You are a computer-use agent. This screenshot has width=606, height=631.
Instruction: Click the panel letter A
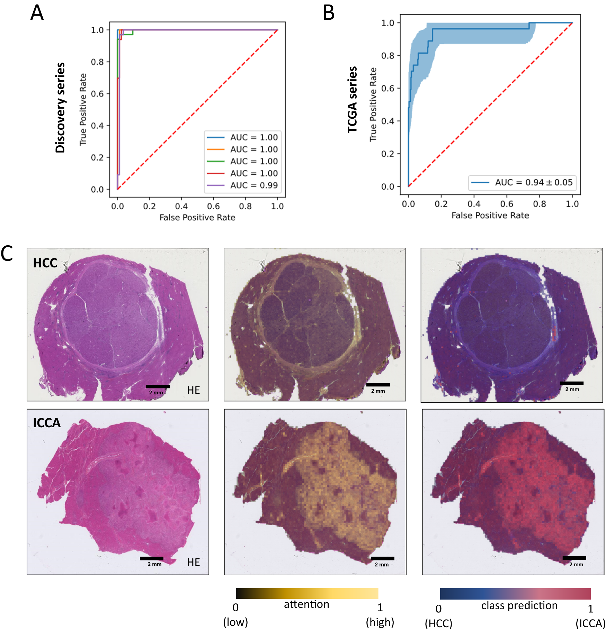point(37,13)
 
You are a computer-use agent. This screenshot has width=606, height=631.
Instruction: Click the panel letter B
point(328,13)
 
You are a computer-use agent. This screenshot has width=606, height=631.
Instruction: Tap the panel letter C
point(7,253)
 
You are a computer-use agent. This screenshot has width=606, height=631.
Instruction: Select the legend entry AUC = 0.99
point(254,185)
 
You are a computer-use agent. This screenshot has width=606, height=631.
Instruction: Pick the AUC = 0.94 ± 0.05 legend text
point(534,182)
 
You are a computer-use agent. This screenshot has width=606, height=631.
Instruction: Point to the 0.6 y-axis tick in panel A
point(97,94)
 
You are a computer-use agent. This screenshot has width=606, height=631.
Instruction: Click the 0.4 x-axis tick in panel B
point(474,204)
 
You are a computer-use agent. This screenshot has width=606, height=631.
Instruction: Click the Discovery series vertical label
point(60,108)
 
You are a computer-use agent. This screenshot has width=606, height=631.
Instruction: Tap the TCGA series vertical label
point(352,100)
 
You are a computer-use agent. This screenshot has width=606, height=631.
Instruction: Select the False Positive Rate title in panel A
point(197,217)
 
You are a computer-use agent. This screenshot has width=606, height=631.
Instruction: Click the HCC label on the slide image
point(45,263)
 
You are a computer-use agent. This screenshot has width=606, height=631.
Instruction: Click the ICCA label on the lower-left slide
point(47,423)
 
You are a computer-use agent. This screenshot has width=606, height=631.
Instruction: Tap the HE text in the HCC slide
point(193,390)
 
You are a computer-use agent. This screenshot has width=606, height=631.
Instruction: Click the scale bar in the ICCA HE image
point(151,558)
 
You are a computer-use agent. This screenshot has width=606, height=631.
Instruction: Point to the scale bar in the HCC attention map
point(378,385)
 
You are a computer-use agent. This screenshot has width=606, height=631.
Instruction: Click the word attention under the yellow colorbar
point(306,604)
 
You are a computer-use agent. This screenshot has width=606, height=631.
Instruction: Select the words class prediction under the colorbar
point(519,605)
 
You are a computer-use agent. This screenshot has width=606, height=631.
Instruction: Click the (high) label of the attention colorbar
point(380,622)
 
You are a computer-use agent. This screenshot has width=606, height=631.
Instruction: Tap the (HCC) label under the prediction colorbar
point(438,623)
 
